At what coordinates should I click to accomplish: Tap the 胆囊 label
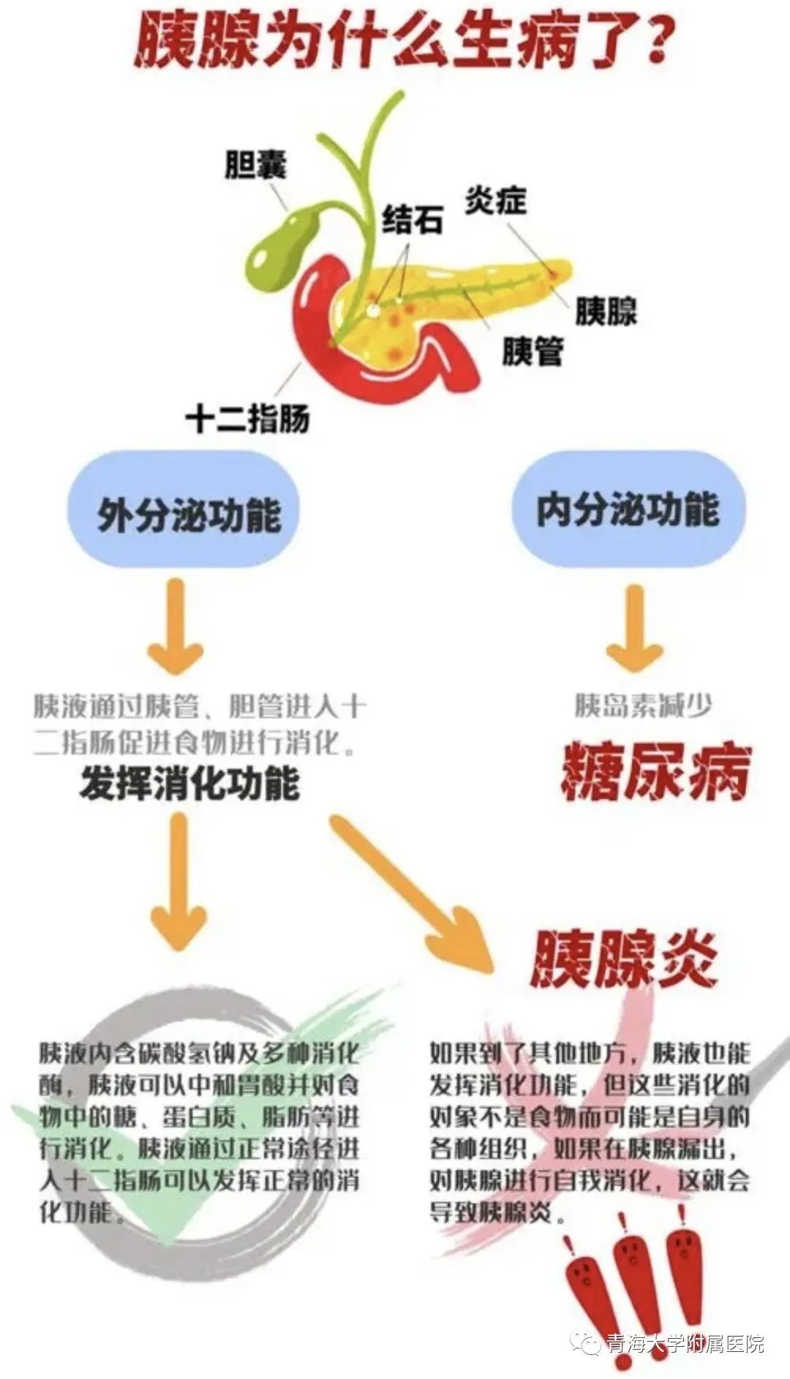[256, 165]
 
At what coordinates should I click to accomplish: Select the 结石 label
[413, 218]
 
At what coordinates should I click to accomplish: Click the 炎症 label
[496, 199]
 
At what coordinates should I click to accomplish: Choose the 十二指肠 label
[248, 418]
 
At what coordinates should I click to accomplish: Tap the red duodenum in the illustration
[315, 322]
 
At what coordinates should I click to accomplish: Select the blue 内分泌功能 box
[628, 508]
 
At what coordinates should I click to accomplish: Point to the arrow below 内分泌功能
[634, 627]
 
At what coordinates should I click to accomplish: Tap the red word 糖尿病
[656, 772]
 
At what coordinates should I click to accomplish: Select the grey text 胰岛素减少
[643, 706]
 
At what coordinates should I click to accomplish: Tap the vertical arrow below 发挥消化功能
[178, 881]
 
